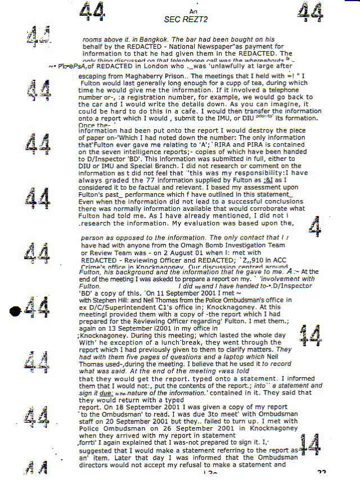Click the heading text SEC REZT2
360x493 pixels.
[186, 19]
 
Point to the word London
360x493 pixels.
[148, 66]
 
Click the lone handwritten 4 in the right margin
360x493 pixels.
[316, 228]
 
